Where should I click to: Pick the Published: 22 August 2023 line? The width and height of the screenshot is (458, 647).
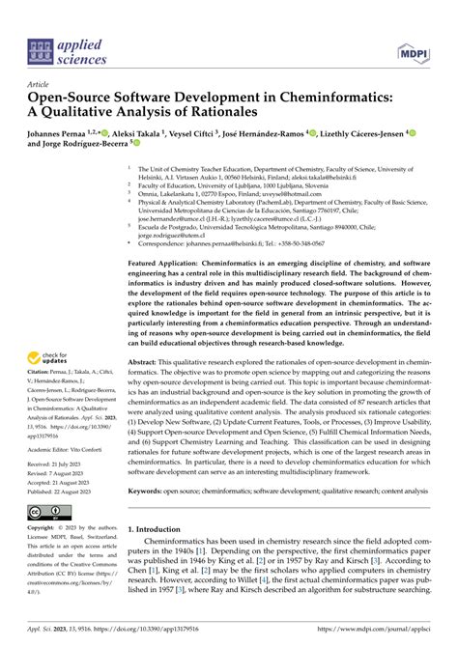pos(66,491)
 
